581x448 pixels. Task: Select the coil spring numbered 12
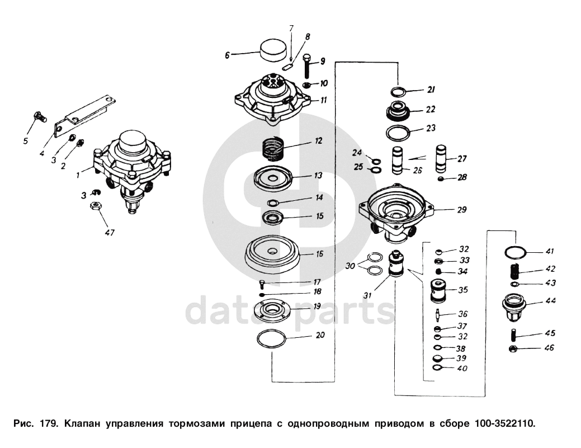tap(275, 148)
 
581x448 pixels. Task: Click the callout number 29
tap(461, 210)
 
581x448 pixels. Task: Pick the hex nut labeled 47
tap(95, 206)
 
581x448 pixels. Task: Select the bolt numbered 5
tap(39, 117)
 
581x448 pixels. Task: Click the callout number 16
tap(319, 254)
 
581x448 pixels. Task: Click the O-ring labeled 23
tap(398, 133)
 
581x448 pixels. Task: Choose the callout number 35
tap(463, 290)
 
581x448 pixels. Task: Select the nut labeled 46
tap(512, 349)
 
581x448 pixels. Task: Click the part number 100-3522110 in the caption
tap(504, 423)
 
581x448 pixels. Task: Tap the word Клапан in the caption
tap(83, 423)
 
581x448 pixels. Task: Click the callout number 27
tap(461, 159)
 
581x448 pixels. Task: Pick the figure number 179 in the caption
tap(46, 423)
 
